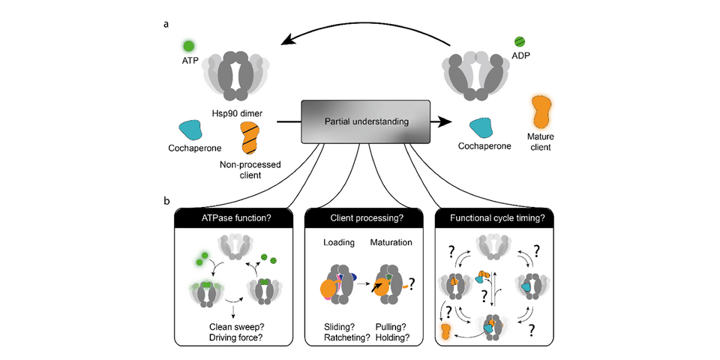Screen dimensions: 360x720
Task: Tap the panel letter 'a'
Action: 166,24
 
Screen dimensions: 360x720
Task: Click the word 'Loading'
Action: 338,243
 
